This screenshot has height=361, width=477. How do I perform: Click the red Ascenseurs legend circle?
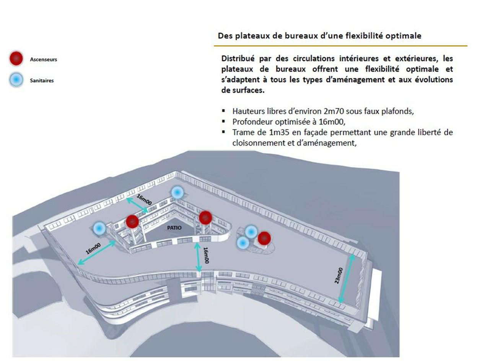click(x=16, y=59)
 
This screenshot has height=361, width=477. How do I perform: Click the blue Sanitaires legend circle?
click(x=16, y=80)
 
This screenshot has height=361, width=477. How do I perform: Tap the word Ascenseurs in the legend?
click(x=43, y=59)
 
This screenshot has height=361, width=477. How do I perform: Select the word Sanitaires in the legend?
click(x=42, y=81)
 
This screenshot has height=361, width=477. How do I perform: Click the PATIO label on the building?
click(x=174, y=228)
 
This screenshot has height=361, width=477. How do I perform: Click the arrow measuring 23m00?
click(x=346, y=279)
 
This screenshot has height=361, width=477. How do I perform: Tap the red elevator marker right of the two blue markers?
click(x=264, y=238)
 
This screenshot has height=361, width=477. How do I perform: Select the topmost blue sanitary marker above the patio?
click(x=177, y=193)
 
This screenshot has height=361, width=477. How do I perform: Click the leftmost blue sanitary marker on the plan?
click(x=99, y=228)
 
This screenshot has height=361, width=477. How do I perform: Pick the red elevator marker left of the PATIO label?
click(x=132, y=221)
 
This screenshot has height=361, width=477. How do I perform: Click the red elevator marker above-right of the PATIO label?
click(x=205, y=217)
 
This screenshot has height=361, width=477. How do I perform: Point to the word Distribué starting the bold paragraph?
click(x=238, y=59)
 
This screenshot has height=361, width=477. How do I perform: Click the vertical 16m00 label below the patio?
click(x=206, y=256)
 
